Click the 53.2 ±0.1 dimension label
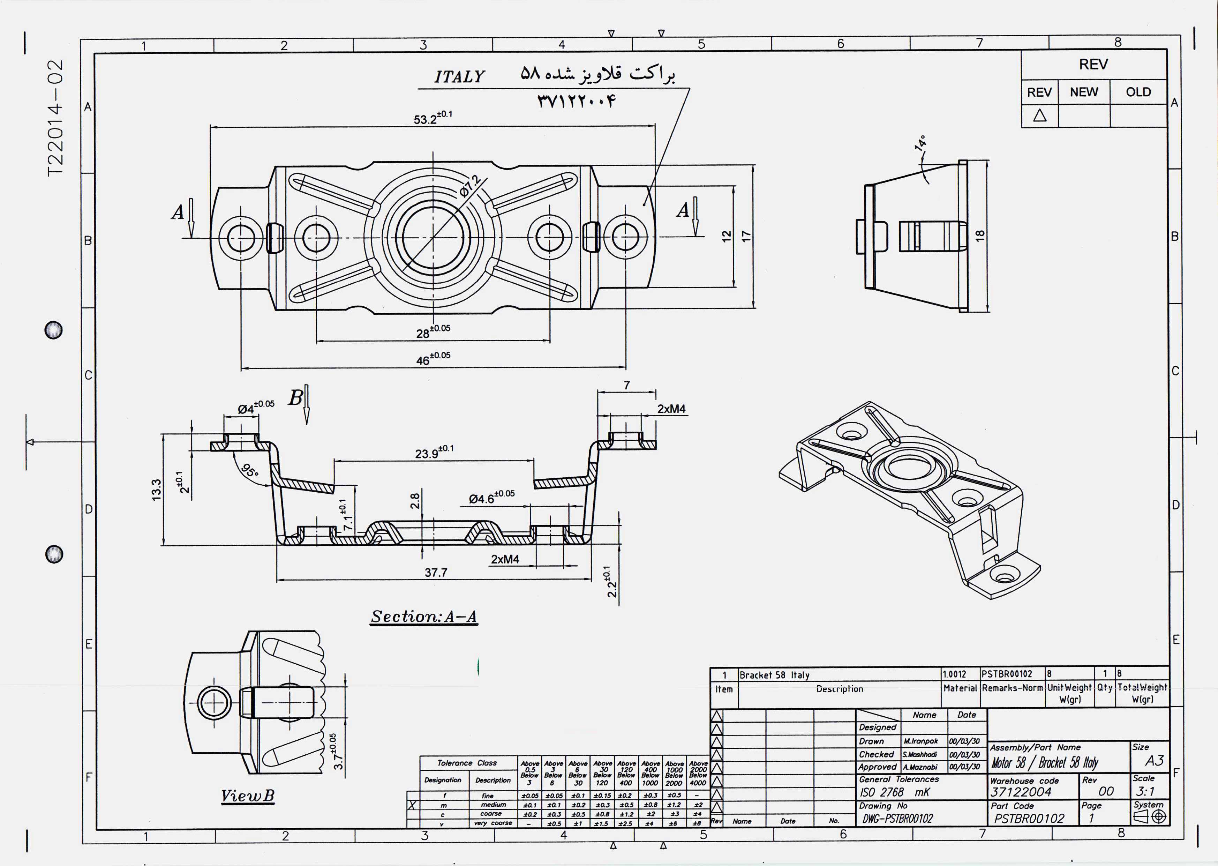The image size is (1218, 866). tap(432, 118)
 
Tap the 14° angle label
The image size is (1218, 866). tap(920, 143)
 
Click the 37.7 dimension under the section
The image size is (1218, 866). tap(436, 573)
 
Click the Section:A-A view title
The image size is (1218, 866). tap(424, 617)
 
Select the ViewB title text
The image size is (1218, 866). tap(248, 796)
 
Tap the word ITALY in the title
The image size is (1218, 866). tap(459, 77)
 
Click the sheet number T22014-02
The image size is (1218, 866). tap(55, 118)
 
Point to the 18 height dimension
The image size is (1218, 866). tap(980, 236)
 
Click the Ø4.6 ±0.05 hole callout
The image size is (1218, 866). tap(491, 498)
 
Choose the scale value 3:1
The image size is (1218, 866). tap(1145, 791)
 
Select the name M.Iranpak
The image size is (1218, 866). tap(920, 741)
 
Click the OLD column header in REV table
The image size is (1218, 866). tap(1138, 92)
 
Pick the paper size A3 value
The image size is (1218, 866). tap(1155, 760)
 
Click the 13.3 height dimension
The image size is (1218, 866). tap(156, 489)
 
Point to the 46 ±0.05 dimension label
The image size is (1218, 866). tap(432, 359)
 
